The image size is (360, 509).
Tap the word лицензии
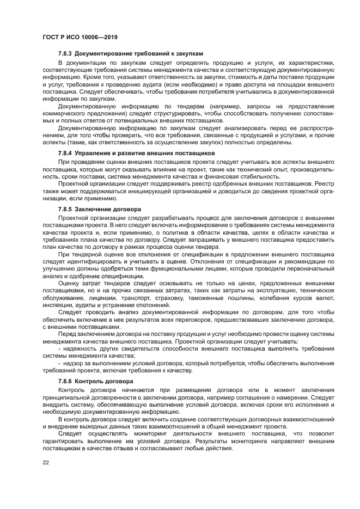[109, 298]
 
